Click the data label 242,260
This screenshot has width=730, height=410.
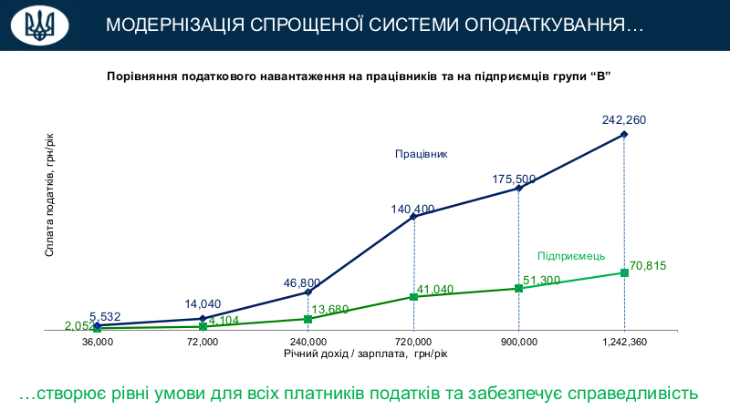pyautogui.click(x=624, y=119)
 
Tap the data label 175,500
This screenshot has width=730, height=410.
pyautogui.click(x=514, y=179)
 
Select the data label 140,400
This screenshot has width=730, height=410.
pyautogui.click(x=412, y=209)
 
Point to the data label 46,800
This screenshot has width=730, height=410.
pyautogui.click(x=301, y=282)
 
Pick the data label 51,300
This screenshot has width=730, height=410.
pyautogui.click(x=541, y=280)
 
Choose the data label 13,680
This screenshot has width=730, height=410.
pyautogui.click(x=330, y=310)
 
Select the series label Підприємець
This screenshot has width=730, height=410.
pyautogui.click(x=570, y=256)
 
